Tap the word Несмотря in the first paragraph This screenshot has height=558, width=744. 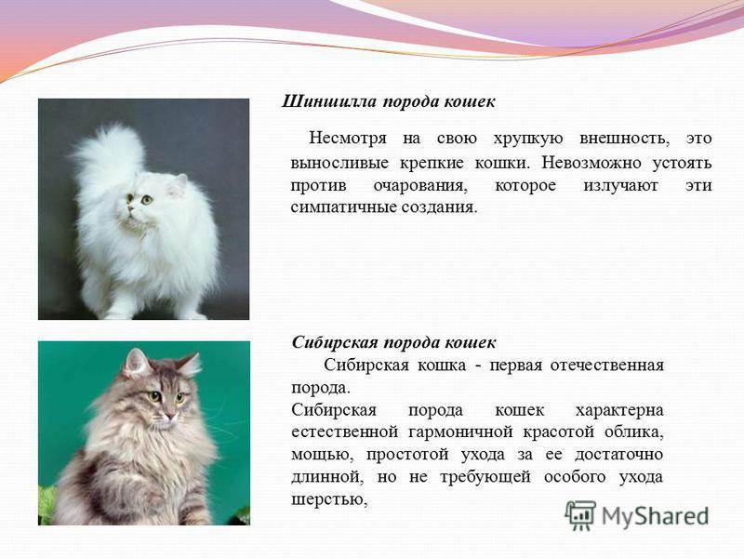point(348,139)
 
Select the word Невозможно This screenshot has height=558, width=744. point(591,163)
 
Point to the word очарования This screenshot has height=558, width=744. point(420,185)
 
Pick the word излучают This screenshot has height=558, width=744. point(620,185)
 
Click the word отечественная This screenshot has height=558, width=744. point(607,365)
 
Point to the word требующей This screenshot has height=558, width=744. point(485,476)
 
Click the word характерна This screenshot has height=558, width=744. point(619,410)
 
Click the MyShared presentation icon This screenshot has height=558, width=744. point(580,515)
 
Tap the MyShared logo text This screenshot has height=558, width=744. point(656,516)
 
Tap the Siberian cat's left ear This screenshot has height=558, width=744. point(135,363)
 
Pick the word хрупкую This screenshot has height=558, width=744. point(528,139)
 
